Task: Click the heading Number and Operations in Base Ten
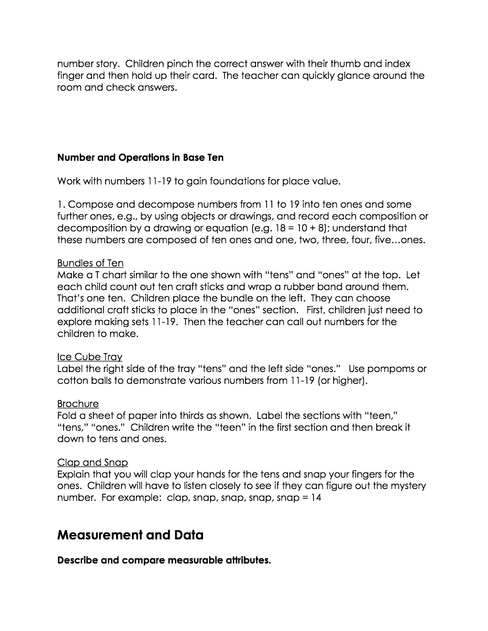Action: tap(140, 158)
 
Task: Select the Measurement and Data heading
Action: tap(130, 535)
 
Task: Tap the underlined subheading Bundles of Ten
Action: tap(90, 263)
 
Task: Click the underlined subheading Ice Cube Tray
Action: tap(89, 357)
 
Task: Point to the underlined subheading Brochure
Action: tap(78, 404)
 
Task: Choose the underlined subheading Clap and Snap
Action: tap(93, 462)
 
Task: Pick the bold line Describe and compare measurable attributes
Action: tap(164, 560)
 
